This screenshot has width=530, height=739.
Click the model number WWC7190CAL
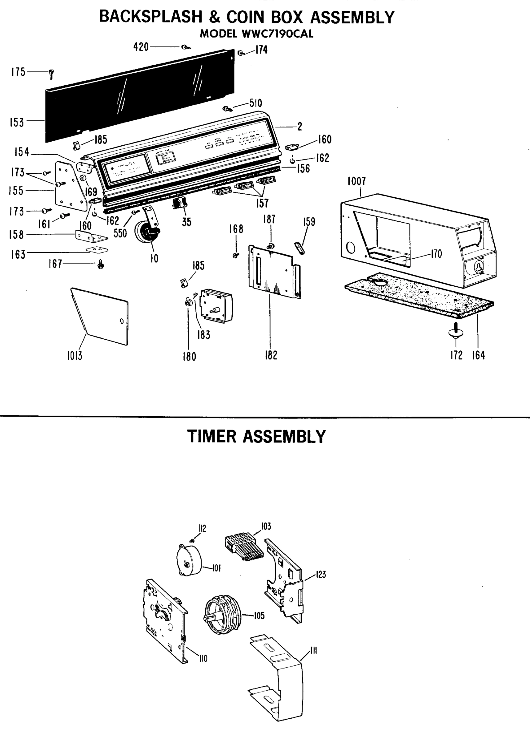[275, 34]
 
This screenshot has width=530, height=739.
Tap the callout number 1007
[356, 181]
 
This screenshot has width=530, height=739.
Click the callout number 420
[141, 47]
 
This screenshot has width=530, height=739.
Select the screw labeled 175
[51, 75]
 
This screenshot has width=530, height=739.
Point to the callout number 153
[17, 123]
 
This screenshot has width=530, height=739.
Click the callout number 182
[271, 355]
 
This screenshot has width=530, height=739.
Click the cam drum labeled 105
[223, 612]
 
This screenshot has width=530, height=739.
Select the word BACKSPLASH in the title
[151, 17]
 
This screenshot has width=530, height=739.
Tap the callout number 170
[436, 254]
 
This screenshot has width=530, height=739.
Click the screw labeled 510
[227, 108]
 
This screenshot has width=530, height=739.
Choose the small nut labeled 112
[192, 541]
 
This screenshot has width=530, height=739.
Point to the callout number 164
[479, 355]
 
